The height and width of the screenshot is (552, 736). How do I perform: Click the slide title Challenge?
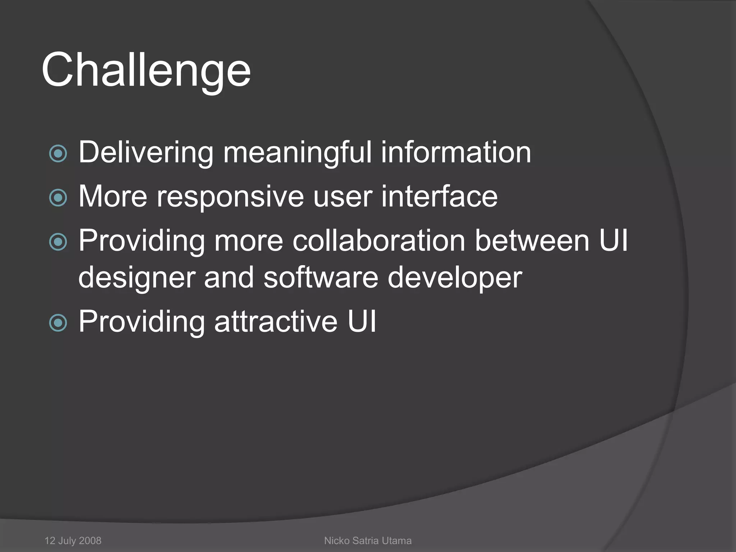click(146, 70)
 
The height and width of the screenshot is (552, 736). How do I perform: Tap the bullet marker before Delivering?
click(58, 154)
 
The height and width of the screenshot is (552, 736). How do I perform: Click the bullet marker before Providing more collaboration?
click(58, 242)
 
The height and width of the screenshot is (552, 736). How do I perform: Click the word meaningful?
click(297, 153)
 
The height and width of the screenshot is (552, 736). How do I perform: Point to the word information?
click(456, 152)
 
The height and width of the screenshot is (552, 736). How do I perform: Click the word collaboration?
click(379, 240)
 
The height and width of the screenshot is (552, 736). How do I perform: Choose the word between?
click(532, 240)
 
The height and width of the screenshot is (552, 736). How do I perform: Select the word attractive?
click(276, 321)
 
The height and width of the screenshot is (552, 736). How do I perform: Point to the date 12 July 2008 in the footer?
click(73, 540)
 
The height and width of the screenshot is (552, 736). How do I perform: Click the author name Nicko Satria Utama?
click(368, 540)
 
